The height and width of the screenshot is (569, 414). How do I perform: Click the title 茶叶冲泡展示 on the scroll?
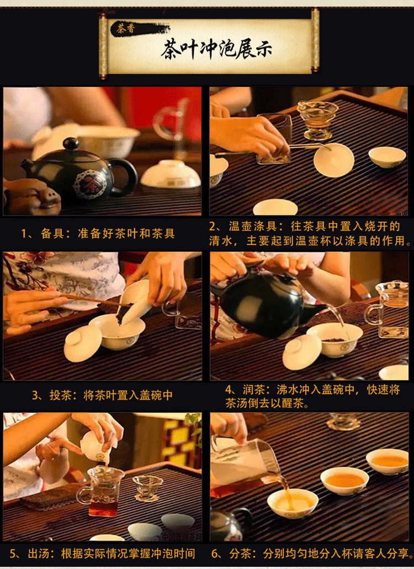click(216, 49)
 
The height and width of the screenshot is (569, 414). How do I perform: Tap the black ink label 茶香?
click(125, 29)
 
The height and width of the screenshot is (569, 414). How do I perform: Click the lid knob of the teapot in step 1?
click(71, 144)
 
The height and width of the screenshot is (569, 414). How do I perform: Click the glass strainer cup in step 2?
click(317, 120)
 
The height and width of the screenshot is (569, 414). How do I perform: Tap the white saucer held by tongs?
click(333, 160)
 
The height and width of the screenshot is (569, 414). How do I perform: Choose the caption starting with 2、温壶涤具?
click(310, 233)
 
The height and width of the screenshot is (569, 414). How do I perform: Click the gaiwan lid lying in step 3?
click(83, 343)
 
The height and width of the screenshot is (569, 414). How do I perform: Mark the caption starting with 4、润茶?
click(312, 396)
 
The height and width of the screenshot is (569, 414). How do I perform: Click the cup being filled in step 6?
click(293, 503)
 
